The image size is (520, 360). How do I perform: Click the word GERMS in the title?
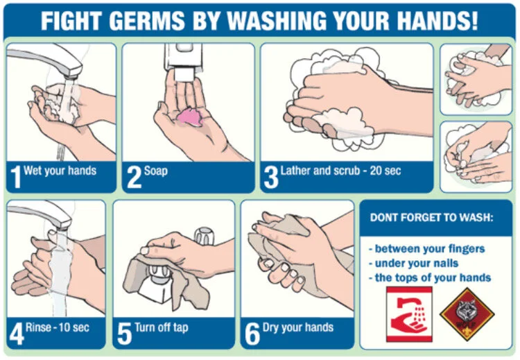[147, 21]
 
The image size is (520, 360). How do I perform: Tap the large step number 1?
[15, 177]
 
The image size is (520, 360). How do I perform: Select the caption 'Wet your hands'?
[60, 171]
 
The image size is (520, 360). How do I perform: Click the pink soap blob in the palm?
[190, 117]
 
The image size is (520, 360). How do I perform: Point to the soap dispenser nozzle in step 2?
[184, 74]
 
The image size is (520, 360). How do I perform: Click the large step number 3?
[270, 177]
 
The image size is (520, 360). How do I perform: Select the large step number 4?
[17, 334]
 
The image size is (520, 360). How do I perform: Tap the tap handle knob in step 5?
[205, 236]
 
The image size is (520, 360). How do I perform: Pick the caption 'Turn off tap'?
[162, 328]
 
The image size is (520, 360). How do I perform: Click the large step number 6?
[252, 334]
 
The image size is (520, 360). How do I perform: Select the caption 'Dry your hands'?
[298, 328]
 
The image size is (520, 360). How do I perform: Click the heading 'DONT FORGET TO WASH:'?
[431, 218]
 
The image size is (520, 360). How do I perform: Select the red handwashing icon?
[409, 314]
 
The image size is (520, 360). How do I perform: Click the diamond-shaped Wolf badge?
[467, 314]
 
